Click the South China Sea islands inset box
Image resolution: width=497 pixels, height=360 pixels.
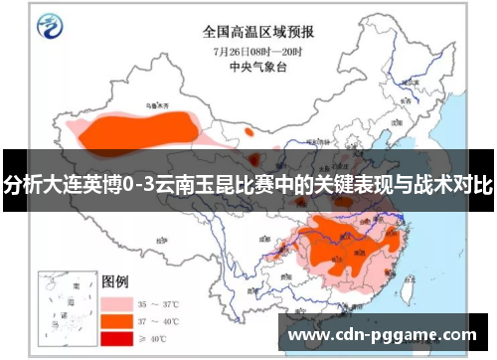pyautogui.click(x=63, y=300)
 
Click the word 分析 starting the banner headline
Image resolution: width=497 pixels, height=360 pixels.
pyautogui.click(x=19, y=184)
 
